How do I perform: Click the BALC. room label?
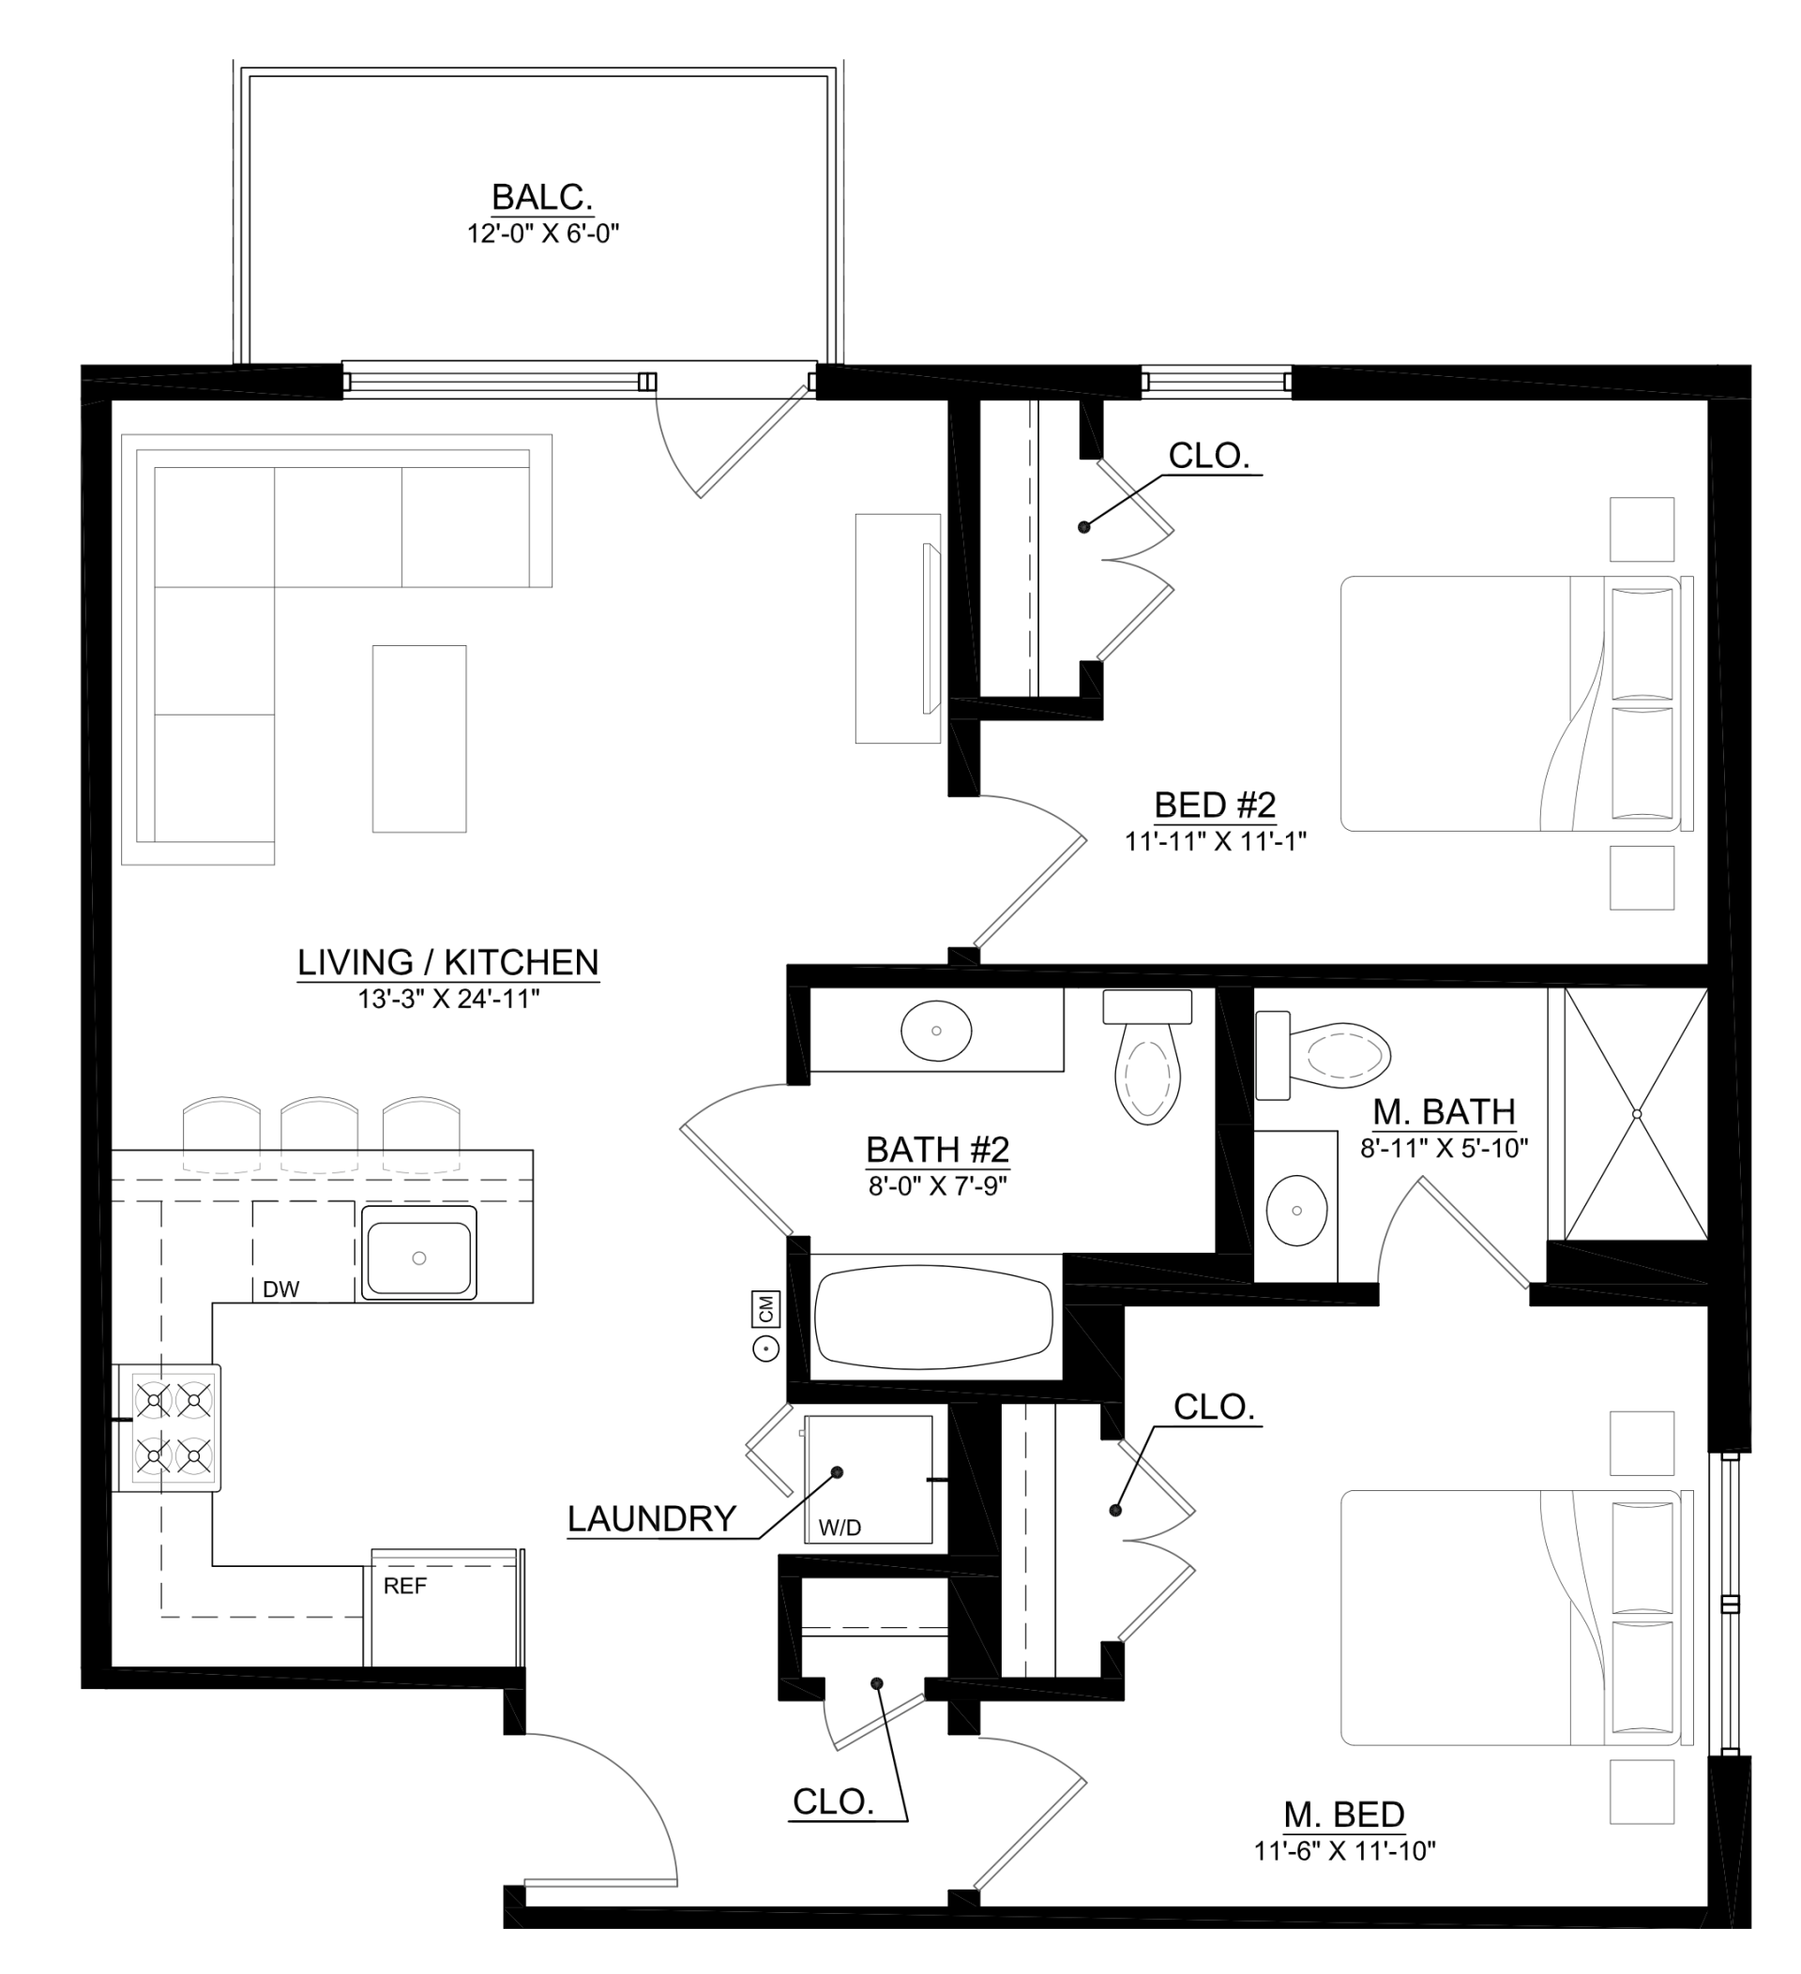(541, 197)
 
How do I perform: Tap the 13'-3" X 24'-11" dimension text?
(448, 999)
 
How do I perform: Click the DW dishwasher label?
(281, 1289)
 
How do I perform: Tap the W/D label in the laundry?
(840, 1528)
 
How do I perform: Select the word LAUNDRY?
(651, 1518)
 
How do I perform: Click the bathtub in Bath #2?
(933, 1317)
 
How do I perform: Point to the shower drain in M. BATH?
(1637, 1114)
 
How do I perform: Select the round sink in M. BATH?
(1296, 1211)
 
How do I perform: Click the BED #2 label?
(1215, 805)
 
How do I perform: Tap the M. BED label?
(1343, 1815)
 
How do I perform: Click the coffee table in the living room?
(419, 738)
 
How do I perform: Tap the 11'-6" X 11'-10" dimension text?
(1343, 1850)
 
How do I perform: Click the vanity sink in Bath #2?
(936, 1030)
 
